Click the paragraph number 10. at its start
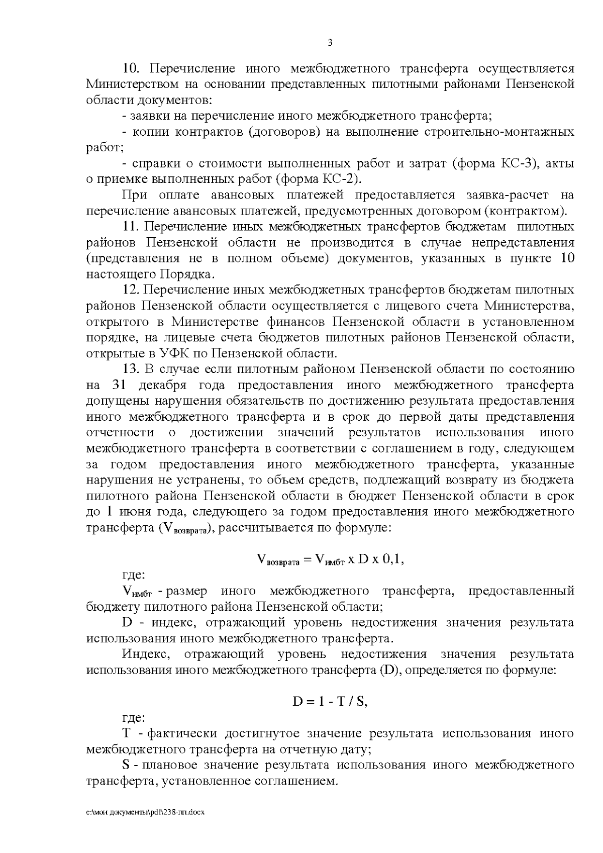134,68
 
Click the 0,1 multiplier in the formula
393,559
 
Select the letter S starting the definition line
126,765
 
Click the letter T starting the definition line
126,733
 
